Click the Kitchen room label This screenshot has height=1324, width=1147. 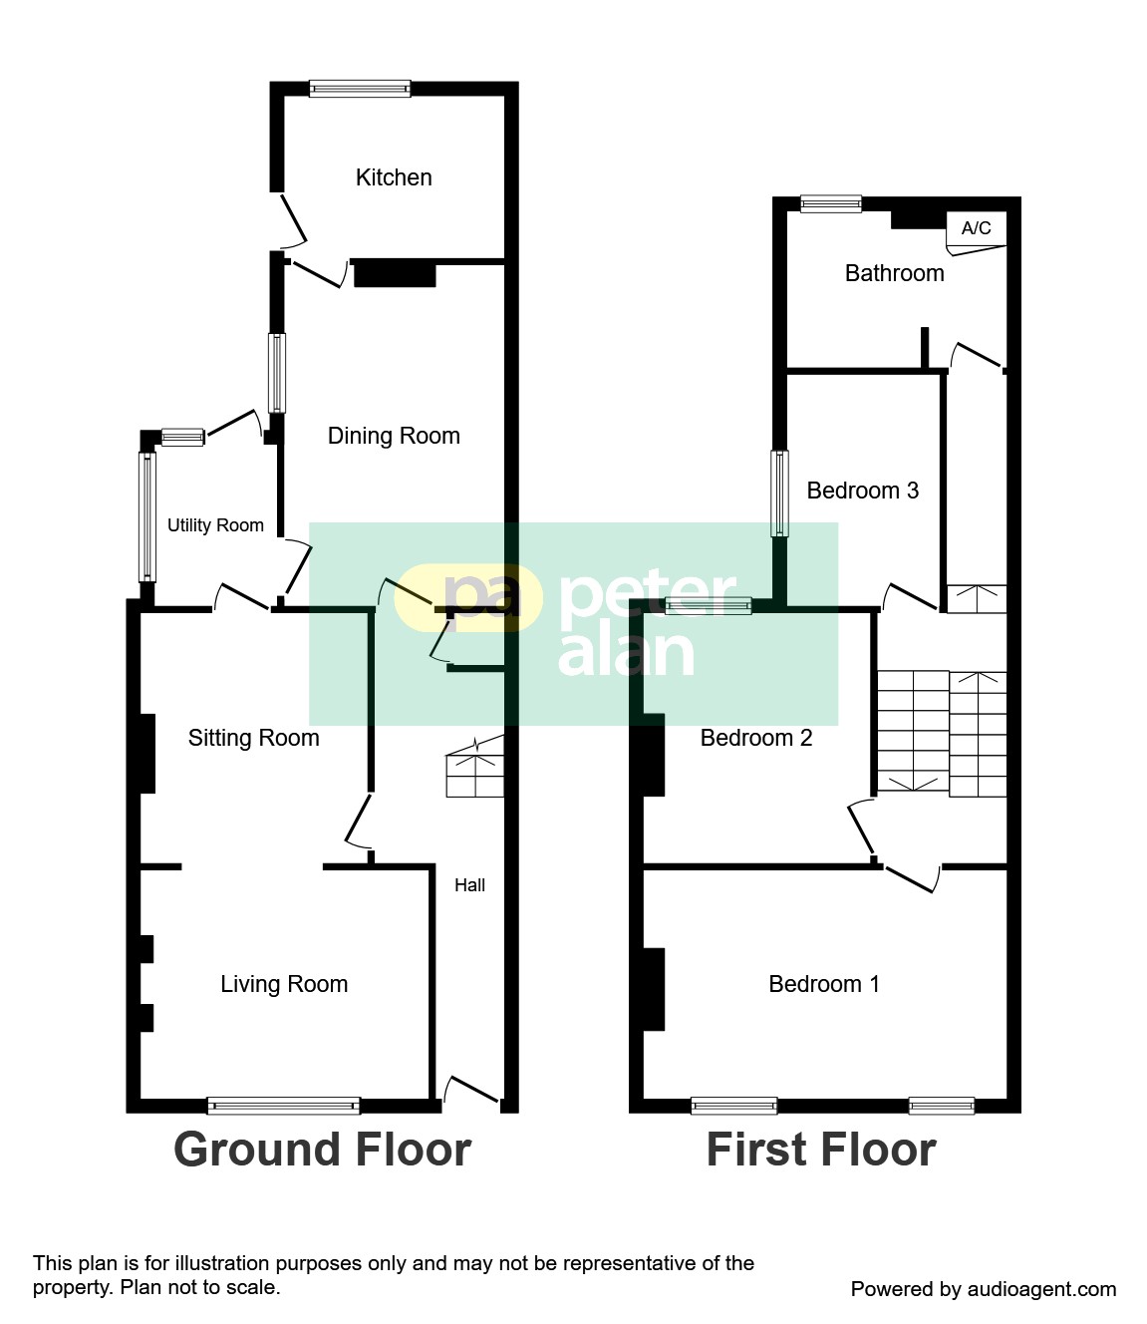[394, 177]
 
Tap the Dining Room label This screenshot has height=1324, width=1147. [394, 436]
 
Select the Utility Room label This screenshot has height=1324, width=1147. [215, 525]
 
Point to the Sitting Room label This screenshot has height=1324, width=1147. [253, 738]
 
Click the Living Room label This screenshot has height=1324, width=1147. [284, 984]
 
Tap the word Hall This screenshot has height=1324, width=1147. [469, 885]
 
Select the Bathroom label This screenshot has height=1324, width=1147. [895, 273]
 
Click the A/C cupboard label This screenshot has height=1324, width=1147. [976, 228]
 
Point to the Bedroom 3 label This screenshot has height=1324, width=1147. [863, 491]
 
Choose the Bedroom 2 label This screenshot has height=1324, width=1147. [756, 738]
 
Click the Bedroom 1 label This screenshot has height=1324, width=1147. [824, 984]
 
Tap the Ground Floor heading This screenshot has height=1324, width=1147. [323, 1150]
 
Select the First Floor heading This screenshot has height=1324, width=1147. [821, 1150]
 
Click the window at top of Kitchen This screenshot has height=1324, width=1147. [360, 89]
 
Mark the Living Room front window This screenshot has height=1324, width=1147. [284, 1105]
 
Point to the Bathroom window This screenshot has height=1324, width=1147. [831, 204]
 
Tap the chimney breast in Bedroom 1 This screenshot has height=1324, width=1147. [654, 990]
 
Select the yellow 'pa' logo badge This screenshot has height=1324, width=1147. [468, 597]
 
